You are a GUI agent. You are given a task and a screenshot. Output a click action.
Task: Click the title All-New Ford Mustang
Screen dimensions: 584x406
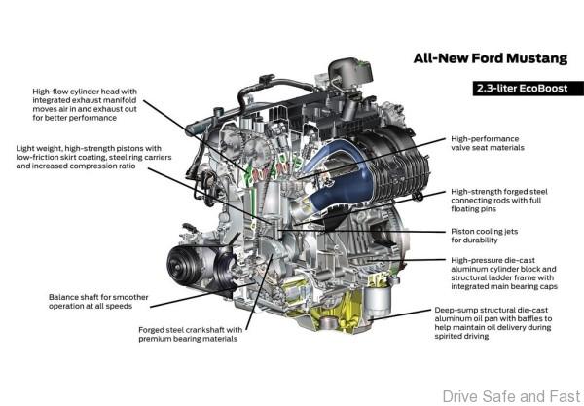tap(491, 58)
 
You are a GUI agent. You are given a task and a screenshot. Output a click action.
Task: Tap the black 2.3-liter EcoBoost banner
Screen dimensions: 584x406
tap(529, 89)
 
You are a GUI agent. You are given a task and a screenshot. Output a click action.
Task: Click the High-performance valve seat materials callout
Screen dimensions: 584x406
tap(488, 143)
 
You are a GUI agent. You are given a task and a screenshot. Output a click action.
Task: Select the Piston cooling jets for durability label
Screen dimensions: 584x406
tap(484, 236)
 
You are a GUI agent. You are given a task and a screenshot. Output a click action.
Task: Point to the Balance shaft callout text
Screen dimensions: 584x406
tap(98, 301)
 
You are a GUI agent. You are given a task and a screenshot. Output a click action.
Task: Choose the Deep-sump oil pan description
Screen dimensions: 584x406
tap(493, 323)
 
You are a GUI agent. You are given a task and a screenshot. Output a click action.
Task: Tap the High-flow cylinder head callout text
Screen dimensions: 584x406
tap(85, 105)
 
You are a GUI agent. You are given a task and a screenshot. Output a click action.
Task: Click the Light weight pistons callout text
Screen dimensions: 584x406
tap(93, 157)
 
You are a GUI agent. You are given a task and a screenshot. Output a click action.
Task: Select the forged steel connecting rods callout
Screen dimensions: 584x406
tap(499, 200)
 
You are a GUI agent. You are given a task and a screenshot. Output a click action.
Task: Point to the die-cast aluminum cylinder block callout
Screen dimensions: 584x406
tap(504, 273)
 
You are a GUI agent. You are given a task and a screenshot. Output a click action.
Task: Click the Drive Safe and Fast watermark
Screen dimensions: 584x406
tap(512, 396)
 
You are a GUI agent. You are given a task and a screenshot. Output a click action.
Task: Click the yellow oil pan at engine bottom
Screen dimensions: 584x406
tap(335, 310)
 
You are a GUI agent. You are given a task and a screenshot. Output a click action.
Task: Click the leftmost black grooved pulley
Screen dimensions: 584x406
tap(181, 264)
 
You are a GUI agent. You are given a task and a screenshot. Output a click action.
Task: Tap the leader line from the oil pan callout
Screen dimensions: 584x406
tap(399, 314)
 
